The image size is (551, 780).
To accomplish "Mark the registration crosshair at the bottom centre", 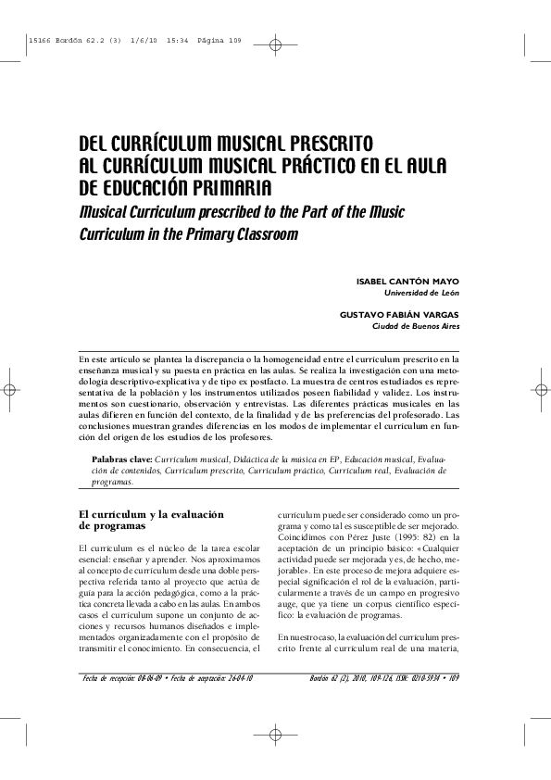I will click(x=276, y=736).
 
